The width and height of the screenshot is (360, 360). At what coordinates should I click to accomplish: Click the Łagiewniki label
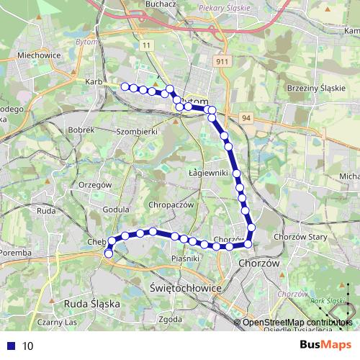tap(207, 174)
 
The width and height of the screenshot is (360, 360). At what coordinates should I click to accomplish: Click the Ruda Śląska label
tap(91, 304)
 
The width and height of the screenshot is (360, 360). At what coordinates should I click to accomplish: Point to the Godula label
tap(115, 210)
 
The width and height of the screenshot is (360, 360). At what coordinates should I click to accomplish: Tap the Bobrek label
tap(84, 130)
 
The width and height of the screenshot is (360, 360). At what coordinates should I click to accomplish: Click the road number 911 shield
tap(221, 63)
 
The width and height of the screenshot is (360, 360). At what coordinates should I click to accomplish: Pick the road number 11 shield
tap(148, 45)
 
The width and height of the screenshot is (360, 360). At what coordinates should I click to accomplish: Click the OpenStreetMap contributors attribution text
tap(296, 323)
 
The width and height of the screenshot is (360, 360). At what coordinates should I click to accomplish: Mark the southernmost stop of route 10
tap(109, 253)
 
